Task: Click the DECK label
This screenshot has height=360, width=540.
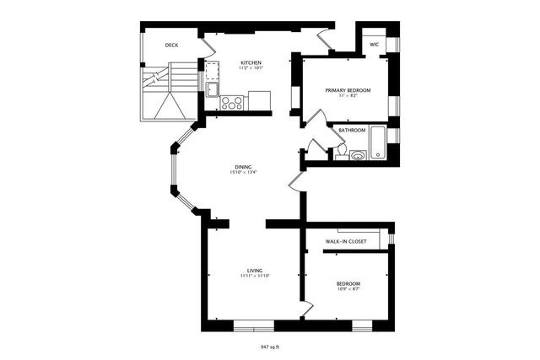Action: tap(171, 45)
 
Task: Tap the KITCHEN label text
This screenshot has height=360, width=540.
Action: tap(251, 63)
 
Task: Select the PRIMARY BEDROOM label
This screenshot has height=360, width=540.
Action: tap(348, 89)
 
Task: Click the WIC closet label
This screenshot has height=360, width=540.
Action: tap(374, 45)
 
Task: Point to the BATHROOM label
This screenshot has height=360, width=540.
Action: tap(352, 130)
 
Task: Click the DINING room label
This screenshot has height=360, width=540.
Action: tap(242, 166)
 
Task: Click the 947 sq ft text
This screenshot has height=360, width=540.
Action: tap(269, 346)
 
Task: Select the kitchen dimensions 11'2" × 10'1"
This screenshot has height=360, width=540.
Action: tap(251, 69)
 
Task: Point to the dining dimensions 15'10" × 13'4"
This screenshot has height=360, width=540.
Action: tap(242, 172)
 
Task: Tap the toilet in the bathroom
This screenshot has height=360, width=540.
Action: tap(341, 152)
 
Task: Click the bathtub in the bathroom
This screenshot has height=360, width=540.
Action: tap(376, 142)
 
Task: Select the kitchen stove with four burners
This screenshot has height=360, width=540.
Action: tap(232, 103)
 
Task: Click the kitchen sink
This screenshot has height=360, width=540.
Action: tap(211, 89)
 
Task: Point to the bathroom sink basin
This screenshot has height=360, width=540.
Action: tap(358, 155)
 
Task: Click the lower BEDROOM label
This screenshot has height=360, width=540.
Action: tap(348, 283)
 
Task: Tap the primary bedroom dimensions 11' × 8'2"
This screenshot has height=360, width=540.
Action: tap(348, 96)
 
